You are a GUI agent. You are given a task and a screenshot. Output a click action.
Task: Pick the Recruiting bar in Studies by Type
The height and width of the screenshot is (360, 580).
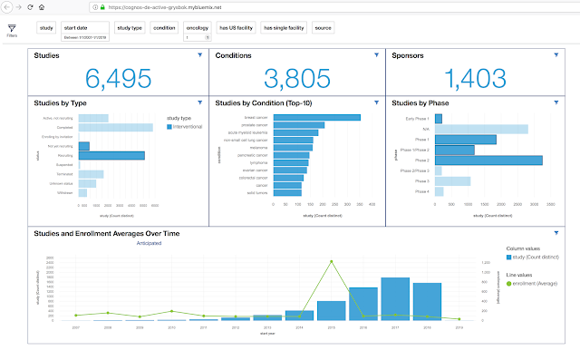pos(111,156)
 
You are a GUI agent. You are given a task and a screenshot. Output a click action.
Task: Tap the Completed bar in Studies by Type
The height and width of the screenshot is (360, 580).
pos(119,127)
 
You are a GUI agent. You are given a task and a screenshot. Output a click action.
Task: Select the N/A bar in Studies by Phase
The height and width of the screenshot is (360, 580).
pos(480,129)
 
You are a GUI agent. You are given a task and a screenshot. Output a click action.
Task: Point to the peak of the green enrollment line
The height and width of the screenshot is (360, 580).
pos(332,261)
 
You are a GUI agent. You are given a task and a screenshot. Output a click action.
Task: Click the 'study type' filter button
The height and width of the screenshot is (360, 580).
pos(130,28)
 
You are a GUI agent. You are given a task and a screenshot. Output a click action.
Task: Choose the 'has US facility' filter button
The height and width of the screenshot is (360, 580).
pos(237,28)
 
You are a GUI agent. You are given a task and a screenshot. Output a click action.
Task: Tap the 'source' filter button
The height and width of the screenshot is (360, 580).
pos(324,28)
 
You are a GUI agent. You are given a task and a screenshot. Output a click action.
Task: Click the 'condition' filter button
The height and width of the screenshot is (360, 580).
pos(165,28)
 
